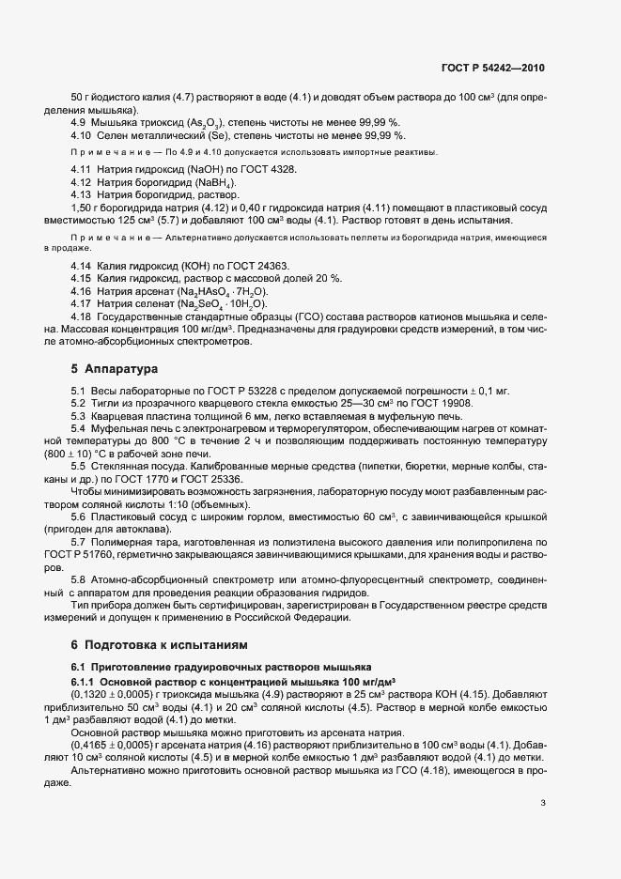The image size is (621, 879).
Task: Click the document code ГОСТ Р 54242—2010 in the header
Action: [x=491, y=69]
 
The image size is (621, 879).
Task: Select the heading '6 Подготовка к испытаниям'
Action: [x=159, y=645]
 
